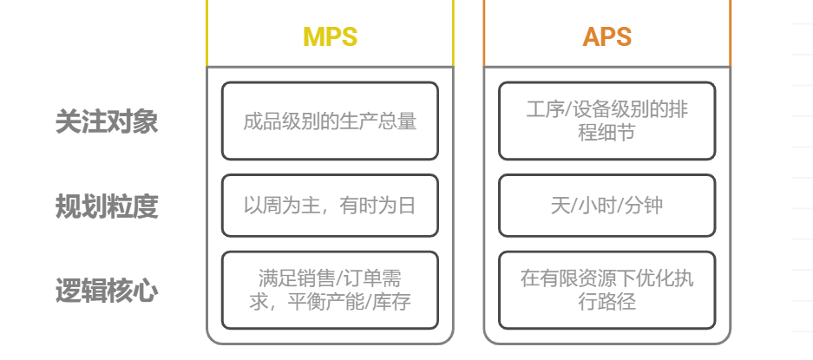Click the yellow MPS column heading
point(330,37)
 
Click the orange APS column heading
point(606,37)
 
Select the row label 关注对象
point(107,121)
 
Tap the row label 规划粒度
point(107,206)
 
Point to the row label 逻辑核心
point(107,291)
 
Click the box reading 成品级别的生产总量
point(330,121)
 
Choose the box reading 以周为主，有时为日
point(330,206)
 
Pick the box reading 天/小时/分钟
point(607,206)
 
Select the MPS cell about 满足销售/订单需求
point(330,291)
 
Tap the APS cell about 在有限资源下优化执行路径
point(607,291)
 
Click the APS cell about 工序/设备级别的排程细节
point(607,121)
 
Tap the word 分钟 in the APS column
point(646,206)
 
